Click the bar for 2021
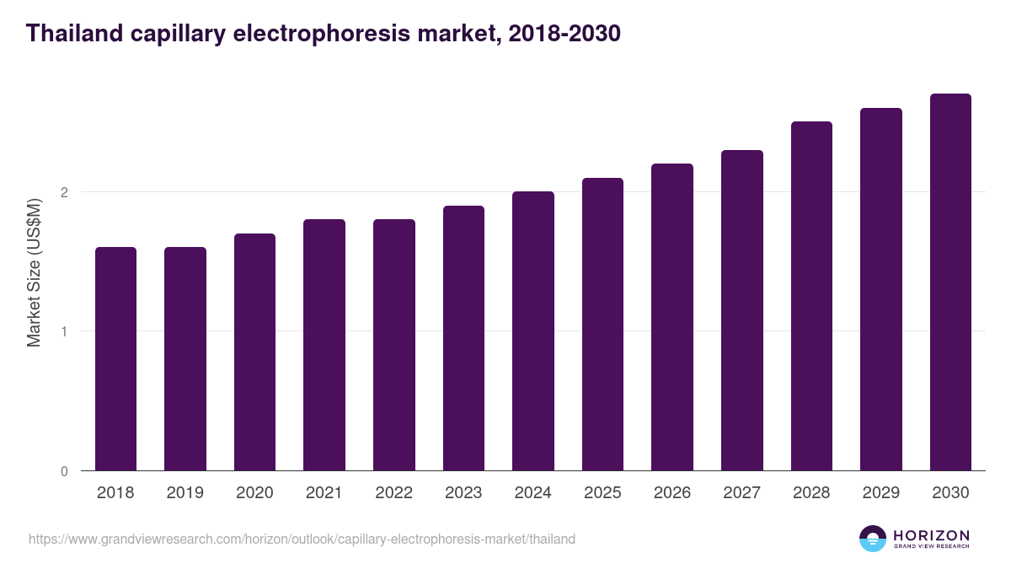pos(324,345)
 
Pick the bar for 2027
pos(742,310)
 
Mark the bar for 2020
pos(254,352)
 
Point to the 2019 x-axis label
pos(185,493)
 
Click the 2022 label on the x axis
pos(394,493)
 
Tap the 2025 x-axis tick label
pos(602,493)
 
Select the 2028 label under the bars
pos(811,493)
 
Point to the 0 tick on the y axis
pos(64,471)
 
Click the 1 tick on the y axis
pos(64,331)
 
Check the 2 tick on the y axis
pos(64,192)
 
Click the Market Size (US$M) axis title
pos(34,272)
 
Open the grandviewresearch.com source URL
pos(302,539)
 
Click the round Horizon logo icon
pos(873,539)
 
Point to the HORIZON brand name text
pos(931,534)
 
